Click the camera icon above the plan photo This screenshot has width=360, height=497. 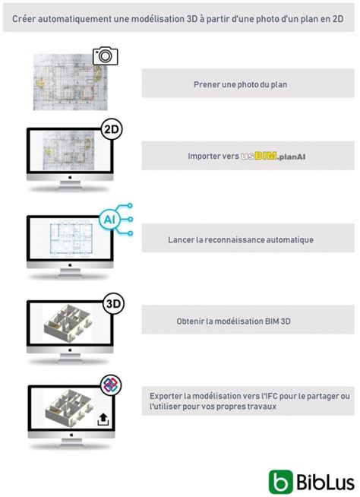point(106,55)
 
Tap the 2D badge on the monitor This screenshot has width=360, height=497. point(112,129)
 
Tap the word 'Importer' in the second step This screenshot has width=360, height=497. point(204,156)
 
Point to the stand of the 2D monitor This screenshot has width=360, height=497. point(70,188)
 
